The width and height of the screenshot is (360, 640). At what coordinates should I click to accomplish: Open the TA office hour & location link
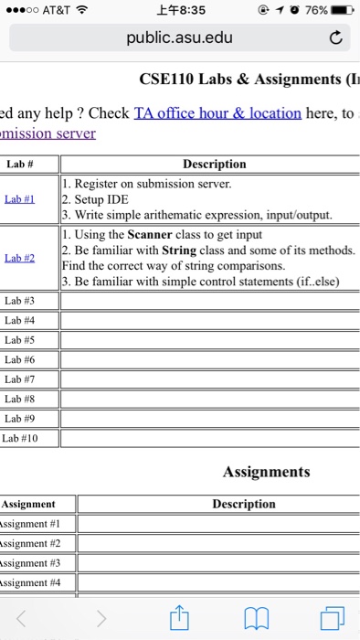point(217,112)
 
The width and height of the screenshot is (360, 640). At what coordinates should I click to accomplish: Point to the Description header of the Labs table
point(215,165)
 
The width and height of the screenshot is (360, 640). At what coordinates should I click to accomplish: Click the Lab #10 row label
point(23,438)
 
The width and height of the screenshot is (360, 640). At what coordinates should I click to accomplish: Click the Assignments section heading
point(266,472)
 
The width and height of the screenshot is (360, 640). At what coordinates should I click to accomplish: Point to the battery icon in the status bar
point(341,10)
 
